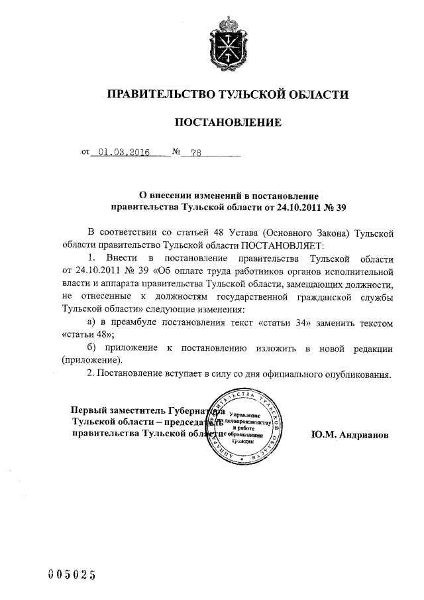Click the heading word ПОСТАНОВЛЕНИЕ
tap(227, 122)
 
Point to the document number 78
tap(195, 152)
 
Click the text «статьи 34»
tap(303, 323)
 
